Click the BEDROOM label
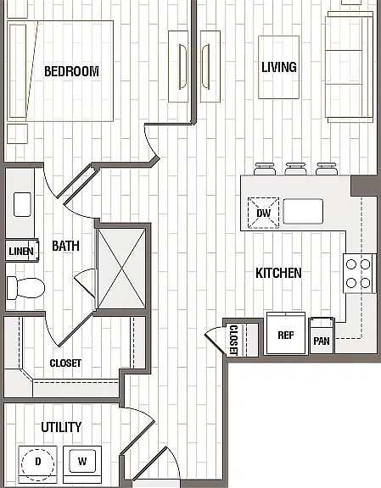pos(72,71)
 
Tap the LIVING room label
pos(279,67)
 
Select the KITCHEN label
pos(278,273)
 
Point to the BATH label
pos(65,246)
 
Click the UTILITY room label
pos(61,427)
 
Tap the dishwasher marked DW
pos(263,213)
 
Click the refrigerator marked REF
pos(286,333)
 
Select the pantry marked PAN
pos(322,336)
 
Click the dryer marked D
pos(37,464)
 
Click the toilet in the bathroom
pos(25,287)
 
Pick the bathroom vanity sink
pos(22,204)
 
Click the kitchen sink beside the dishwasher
pos(303,211)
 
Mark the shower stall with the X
pos(121,269)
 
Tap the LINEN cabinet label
pos(21,251)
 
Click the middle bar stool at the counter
pos(295,169)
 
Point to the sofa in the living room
pos(350,67)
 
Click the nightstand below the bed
pos(18,134)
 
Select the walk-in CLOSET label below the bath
pos(65,363)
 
